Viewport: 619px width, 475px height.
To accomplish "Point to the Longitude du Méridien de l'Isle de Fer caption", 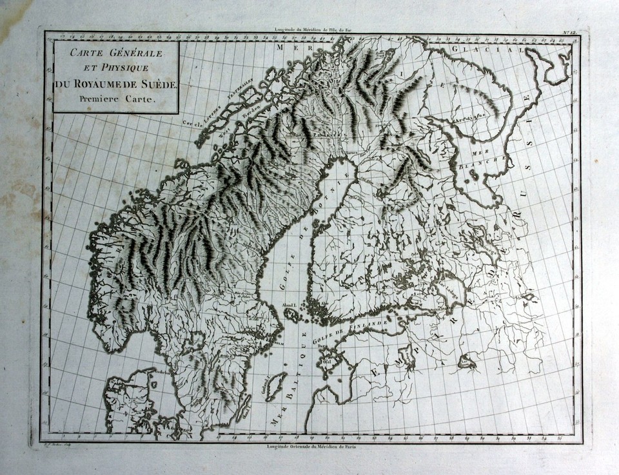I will coord(309,30).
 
